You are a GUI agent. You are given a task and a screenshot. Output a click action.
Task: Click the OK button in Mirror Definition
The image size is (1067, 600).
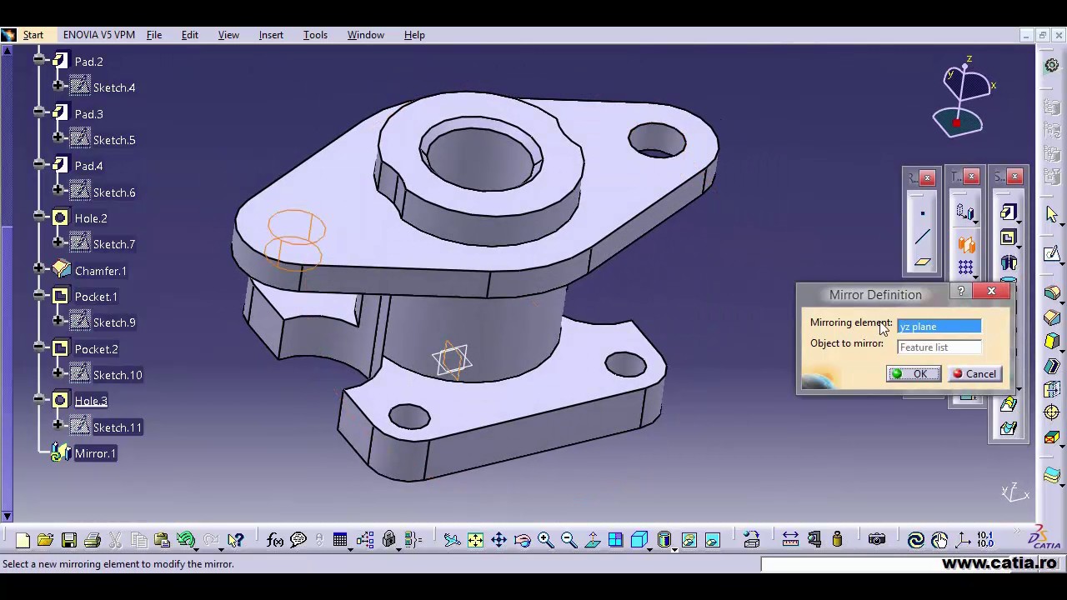tap(914, 374)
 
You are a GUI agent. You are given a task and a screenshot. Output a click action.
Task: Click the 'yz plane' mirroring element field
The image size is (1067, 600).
tap(939, 327)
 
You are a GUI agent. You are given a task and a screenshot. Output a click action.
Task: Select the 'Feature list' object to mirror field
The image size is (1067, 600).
tap(939, 347)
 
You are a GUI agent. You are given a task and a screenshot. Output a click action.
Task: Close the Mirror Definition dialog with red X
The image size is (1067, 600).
tap(991, 291)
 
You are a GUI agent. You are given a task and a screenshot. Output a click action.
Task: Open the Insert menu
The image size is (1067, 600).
tap(271, 35)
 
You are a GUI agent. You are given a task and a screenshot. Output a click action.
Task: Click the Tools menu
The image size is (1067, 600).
tap(315, 35)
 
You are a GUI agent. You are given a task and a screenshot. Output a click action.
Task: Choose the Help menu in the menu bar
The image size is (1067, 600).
tap(414, 35)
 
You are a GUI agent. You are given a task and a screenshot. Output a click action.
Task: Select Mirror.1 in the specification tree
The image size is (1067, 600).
tap(95, 453)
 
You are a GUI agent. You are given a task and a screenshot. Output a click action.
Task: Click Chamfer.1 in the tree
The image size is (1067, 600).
tap(100, 271)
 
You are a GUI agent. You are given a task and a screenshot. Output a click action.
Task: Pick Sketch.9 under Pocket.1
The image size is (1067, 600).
tap(114, 322)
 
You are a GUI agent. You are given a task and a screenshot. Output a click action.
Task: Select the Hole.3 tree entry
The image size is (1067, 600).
tap(91, 401)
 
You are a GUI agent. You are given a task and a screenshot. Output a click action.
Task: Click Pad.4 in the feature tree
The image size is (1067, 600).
tap(88, 166)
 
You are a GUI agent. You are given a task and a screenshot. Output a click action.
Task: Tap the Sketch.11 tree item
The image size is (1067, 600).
tap(117, 427)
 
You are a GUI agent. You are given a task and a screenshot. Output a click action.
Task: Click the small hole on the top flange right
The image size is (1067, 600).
tap(657, 140)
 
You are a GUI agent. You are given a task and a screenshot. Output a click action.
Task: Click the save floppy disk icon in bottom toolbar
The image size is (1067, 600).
tap(69, 540)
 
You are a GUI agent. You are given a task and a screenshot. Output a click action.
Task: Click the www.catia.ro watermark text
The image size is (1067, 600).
tap(999, 563)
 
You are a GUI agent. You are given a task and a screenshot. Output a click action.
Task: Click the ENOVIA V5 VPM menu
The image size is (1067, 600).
tap(98, 35)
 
